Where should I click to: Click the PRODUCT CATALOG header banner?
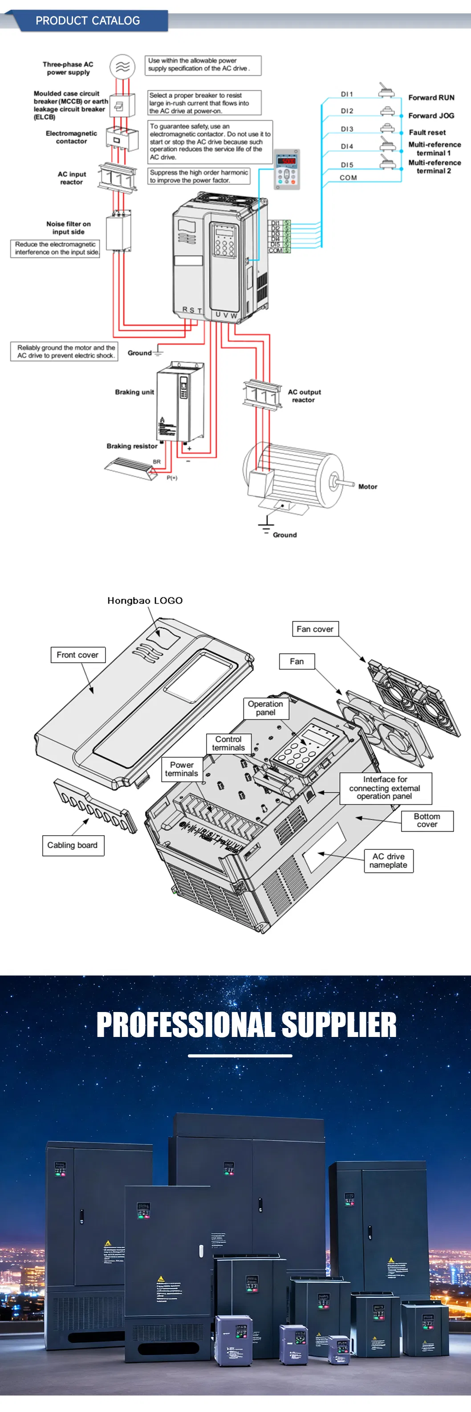[88, 21]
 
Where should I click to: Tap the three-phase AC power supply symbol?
[122, 67]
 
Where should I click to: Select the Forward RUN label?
[431, 98]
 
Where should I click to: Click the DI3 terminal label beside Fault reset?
[347, 129]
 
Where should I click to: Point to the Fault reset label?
[427, 133]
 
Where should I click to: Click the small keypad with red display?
[286, 169]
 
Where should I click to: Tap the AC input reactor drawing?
[117, 176]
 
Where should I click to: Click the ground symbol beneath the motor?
[266, 525]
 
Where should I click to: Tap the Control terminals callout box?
[228, 743]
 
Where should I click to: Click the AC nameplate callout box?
[388, 861]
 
